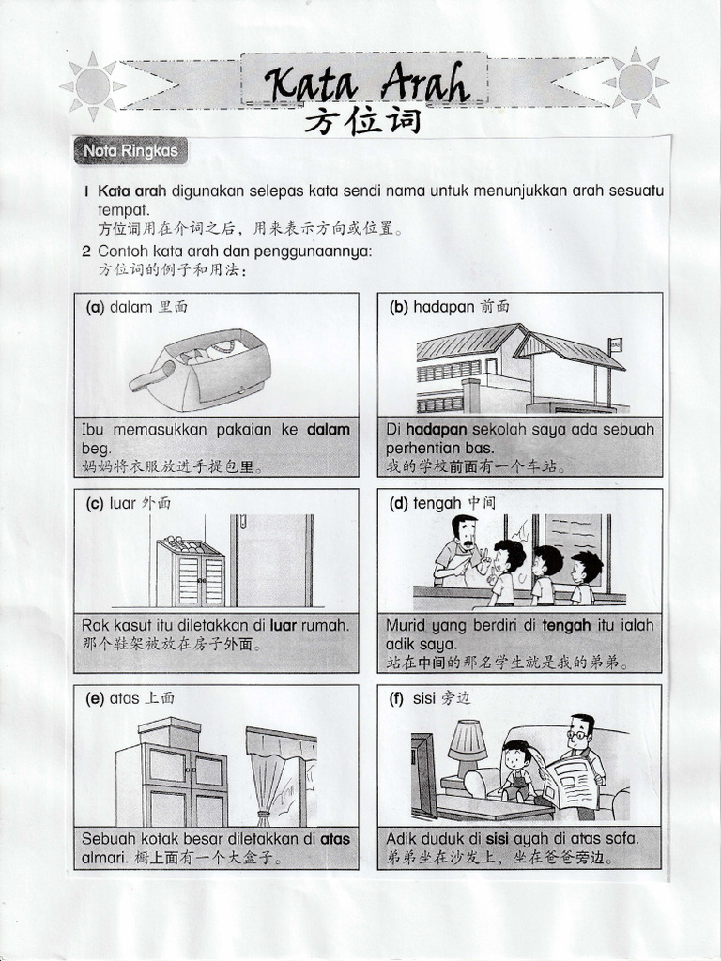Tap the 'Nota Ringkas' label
click(x=130, y=150)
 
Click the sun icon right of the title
click(x=636, y=83)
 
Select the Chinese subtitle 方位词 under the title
click(x=362, y=124)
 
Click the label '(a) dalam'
click(x=119, y=307)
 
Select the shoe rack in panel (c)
click(x=190, y=572)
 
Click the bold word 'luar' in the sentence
click(x=284, y=624)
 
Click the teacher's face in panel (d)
click(x=464, y=536)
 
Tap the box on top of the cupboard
click(x=169, y=733)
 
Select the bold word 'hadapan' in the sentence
click(x=437, y=429)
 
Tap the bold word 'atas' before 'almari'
click(x=335, y=838)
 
